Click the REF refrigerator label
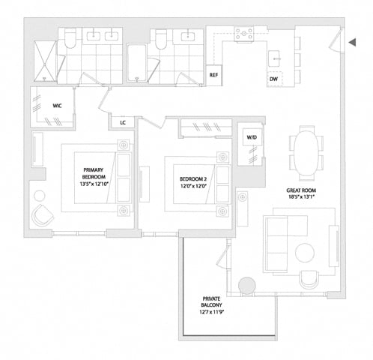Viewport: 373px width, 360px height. pyautogui.click(x=213, y=75)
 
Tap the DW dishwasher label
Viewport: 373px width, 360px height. pyautogui.click(x=273, y=79)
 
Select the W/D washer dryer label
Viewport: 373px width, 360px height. pyautogui.click(x=252, y=137)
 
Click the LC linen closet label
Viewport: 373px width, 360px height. pyautogui.click(x=123, y=123)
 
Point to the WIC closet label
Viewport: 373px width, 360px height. pyautogui.click(x=57, y=106)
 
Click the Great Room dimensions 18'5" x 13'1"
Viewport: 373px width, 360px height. pyautogui.click(x=301, y=196)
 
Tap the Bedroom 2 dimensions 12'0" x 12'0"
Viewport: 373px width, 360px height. pyautogui.click(x=193, y=186)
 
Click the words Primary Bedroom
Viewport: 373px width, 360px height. pyautogui.click(x=94, y=173)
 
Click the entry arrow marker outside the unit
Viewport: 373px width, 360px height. pyautogui.click(x=352, y=43)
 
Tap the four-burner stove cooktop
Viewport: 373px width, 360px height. pyautogui.click(x=244, y=34)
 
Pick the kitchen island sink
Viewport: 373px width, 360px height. pyautogui.click(x=276, y=58)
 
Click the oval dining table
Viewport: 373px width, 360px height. pyautogui.click(x=306, y=153)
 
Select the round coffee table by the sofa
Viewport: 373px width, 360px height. pyautogui.click(x=305, y=253)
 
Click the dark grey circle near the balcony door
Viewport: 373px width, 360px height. pyautogui.click(x=247, y=286)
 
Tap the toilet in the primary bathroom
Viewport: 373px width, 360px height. pyautogui.click(x=70, y=38)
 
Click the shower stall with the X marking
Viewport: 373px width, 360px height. pyautogui.click(x=45, y=61)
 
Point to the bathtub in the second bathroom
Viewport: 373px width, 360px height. pyautogui.click(x=136, y=63)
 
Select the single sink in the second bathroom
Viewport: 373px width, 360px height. pyautogui.click(x=189, y=37)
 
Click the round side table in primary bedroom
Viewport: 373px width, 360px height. pyautogui.click(x=40, y=196)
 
